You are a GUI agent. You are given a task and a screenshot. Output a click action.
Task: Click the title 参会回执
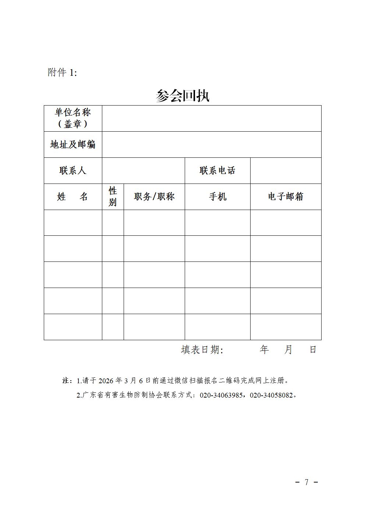coord(182,96)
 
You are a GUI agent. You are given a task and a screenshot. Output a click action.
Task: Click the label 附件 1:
coord(62,72)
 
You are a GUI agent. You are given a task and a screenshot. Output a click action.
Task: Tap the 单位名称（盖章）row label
coord(73,118)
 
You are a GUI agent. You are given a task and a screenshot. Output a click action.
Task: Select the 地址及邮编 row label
coord(73,145)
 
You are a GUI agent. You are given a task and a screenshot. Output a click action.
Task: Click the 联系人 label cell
coord(73,171)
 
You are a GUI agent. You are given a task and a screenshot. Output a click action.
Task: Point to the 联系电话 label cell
coord(217,171)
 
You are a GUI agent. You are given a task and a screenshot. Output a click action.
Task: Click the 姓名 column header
coord(73,197)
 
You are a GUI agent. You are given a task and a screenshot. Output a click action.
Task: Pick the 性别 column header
coord(113,197)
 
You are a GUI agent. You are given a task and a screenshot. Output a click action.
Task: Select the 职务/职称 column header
coord(154,197)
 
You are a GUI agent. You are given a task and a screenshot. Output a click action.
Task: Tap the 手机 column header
coord(217,197)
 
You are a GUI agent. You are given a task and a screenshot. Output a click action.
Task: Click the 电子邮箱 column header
coord(286,197)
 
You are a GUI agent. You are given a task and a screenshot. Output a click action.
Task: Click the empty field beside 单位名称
coord(212,118)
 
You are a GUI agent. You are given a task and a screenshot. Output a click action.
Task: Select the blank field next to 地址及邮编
coord(212,145)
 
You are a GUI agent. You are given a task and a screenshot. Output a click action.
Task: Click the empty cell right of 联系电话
coord(286,171)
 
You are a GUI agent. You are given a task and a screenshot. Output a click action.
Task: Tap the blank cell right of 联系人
coord(143,171)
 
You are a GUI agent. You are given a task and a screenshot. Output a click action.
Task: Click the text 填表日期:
coord(202,350)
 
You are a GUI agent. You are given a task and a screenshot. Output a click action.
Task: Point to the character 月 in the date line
coord(288,350)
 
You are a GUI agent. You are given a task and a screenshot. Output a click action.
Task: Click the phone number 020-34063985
coord(221,395)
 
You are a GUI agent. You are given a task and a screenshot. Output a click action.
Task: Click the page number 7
coord(306,482)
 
